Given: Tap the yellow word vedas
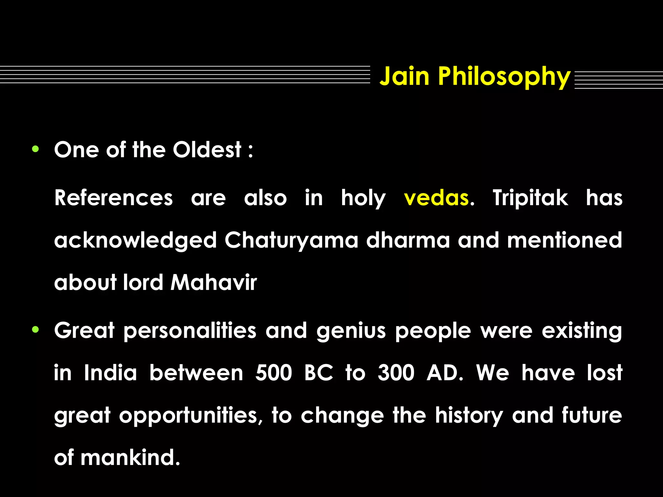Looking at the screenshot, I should pyautogui.click(x=436, y=198).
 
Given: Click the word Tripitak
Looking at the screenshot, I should pyautogui.click(x=530, y=198).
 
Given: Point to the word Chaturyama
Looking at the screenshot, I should pyautogui.click(x=291, y=240).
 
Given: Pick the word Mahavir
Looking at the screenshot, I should pyautogui.click(x=214, y=282).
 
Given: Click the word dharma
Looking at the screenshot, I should pyautogui.click(x=408, y=240).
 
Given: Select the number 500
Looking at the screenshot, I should pyautogui.click(x=274, y=373).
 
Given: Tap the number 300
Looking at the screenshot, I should pyautogui.click(x=396, y=373).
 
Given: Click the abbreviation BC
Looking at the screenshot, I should pyautogui.click(x=319, y=373).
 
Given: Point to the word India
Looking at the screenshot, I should pyautogui.click(x=110, y=373).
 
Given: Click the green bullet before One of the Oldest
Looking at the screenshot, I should pyautogui.click(x=36, y=149).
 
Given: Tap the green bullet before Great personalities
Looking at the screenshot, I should pyautogui.click(x=36, y=330).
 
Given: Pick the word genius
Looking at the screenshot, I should pyautogui.click(x=351, y=331).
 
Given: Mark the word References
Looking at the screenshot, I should pyautogui.click(x=114, y=198).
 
